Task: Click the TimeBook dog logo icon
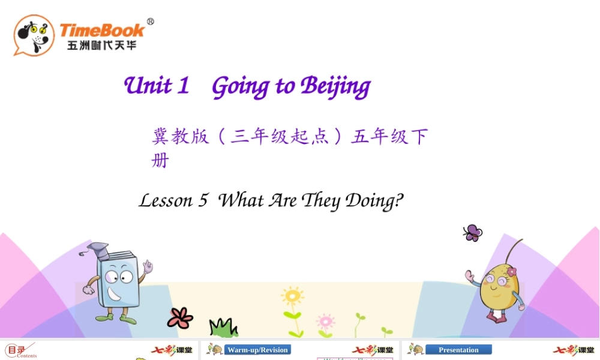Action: (x=34, y=35)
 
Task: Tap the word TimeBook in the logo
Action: (x=102, y=30)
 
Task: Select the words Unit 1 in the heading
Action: (x=157, y=86)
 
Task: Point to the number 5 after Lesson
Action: (x=203, y=200)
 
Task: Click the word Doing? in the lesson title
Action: (x=374, y=201)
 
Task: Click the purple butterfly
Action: (x=472, y=232)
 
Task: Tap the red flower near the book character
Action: (x=180, y=317)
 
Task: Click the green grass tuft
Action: (x=223, y=328)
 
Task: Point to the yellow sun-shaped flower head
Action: (x=292, y=296)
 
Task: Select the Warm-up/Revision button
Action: (x=258, y=350)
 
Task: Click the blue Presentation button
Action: (x=458, y=350)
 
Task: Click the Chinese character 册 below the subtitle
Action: (x=160, y=161)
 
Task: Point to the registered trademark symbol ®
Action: (x=150, y=22)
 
